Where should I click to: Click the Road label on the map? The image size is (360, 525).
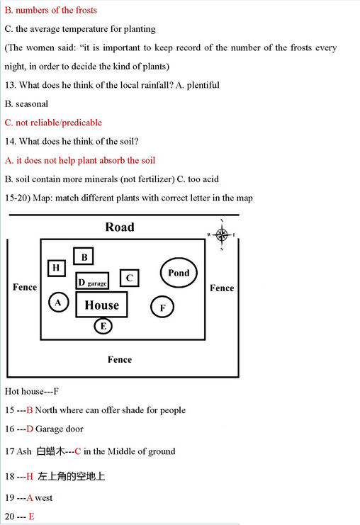[x=120, y=227]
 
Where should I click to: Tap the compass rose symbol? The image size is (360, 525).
[x=222, y=235]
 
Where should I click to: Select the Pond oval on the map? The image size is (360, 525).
[x=179, y=273]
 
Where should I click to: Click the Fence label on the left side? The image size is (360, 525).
[x=25, y=287]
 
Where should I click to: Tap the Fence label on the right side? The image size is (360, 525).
[x=222, y=288]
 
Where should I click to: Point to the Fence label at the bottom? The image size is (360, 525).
[x=120, y=359]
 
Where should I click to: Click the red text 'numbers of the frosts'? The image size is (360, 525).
[x=56, y=10]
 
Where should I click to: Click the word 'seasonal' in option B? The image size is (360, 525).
[x=32, y=103]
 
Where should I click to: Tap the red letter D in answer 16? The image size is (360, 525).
[x=30, y=429]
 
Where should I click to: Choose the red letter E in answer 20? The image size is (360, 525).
[x=31, y=516]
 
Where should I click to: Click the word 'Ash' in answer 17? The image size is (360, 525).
[x=24, y=451]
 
